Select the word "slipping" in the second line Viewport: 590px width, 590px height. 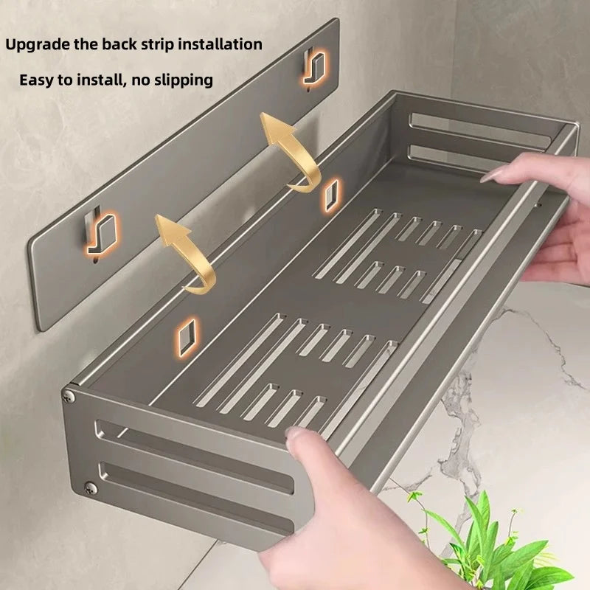(183, 80)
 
